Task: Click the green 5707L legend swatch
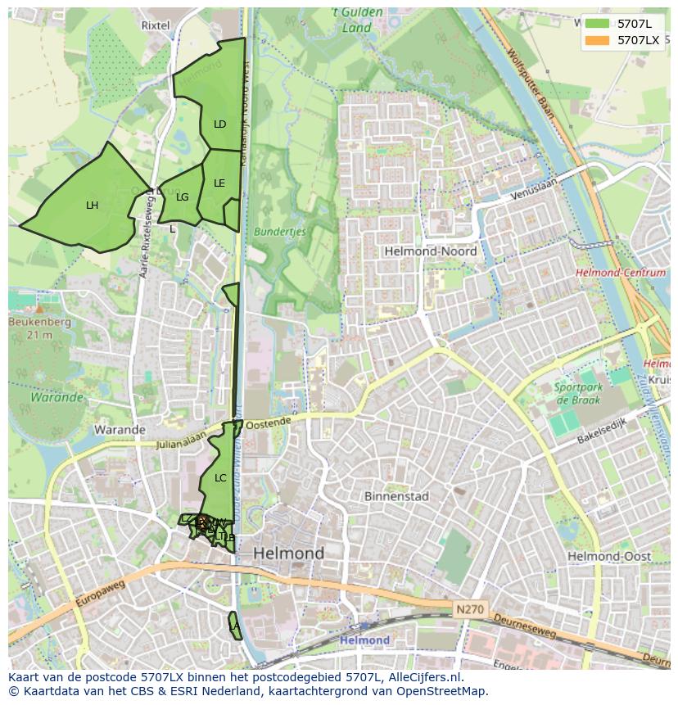coord(597,24)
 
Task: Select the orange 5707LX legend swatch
coord(597,40)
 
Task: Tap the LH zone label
coord(92,206)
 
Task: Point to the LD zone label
coord(219,124)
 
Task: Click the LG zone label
coord(182,197)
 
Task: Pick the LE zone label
coord(219,183)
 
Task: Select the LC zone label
coord(219,477)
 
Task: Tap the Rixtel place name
coord(156,25)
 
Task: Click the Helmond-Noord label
coord(430,251)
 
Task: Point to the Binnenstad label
coord(396,496)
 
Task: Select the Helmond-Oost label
coord(609,556)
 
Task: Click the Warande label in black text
coord(120,429)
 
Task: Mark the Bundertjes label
coord(279,232)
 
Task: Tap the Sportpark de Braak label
coord(577,394)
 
